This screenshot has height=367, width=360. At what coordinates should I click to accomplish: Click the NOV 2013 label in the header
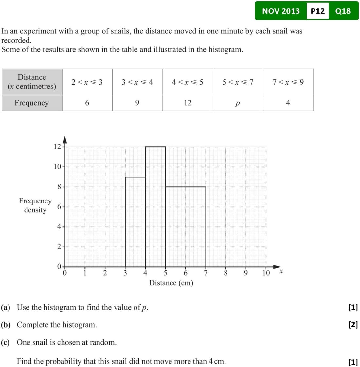[x=281, y=11]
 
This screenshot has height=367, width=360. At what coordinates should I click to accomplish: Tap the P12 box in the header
[x=317, y=11]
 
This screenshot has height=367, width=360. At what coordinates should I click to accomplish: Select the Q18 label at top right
[x=343, y=11]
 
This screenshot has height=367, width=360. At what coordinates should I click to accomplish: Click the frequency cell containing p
[x=238, y=103]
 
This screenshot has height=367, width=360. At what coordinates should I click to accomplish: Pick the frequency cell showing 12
[x=188, y=103]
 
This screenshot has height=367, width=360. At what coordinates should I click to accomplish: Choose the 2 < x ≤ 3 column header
[x=87, y=82]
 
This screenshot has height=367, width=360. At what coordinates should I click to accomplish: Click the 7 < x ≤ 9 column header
[x=288, y=82]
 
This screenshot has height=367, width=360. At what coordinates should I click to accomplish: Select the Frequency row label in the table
[x=32, y=103]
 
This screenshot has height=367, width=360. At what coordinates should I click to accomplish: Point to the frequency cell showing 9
[x=137, y=103]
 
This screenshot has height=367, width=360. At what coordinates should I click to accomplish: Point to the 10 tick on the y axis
[x=58, y=167]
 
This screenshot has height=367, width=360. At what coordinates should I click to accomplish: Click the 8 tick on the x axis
[x=226, y=273]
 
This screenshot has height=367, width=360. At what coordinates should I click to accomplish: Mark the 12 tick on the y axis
[x=58, y=147]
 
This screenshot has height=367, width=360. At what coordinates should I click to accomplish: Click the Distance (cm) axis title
[x=171, y=283]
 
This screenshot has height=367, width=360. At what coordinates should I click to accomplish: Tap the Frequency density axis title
[x=35, y=205]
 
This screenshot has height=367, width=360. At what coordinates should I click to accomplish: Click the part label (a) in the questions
[x=6, y=307]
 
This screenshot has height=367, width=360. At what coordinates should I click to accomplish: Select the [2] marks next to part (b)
[x=353, y=325]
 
